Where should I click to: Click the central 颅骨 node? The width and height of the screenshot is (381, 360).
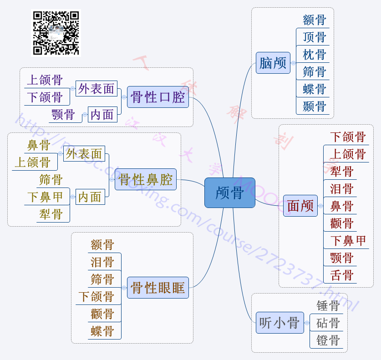click(x=230, y=193)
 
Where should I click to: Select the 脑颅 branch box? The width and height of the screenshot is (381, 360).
click(x=273, y=63)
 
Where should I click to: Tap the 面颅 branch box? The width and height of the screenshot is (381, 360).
click(x=300, y=206)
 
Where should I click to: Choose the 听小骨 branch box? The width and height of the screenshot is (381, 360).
click(x=279, y=323)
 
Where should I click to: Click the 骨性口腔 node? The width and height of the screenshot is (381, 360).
click(x=158, y=97)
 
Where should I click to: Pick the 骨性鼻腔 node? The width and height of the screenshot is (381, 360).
click(x=146, y=179)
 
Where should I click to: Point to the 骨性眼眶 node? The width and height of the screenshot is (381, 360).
click(x=157, y=288)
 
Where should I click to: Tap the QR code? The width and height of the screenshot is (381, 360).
click(x=56, y=33)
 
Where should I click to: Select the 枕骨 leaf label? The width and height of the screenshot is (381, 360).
click(x=315, y=55)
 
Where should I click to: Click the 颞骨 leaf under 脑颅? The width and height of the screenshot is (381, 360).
click(x=315, y=106)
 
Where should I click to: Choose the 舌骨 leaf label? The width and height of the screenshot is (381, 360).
click(x=342, y=275)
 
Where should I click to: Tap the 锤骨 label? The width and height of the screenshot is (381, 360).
click(x=328, y=306)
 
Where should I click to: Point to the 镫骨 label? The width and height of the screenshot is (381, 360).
click(x=328, y=340)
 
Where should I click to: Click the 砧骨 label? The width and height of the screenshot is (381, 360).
click(x=328, y=323)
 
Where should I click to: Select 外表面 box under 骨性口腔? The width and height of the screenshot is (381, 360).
click(x=96, y=88)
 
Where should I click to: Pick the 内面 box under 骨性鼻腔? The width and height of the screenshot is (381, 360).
click(x=90, y=197)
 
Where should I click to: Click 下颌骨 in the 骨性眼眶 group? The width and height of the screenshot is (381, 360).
click(x=96, y=297)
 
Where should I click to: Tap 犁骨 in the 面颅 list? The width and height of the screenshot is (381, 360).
click(x=342, y=172)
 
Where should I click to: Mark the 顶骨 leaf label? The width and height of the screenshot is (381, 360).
click(x=315, y=37)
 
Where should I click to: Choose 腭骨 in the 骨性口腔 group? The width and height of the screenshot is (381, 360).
click(x=63, y=114)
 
